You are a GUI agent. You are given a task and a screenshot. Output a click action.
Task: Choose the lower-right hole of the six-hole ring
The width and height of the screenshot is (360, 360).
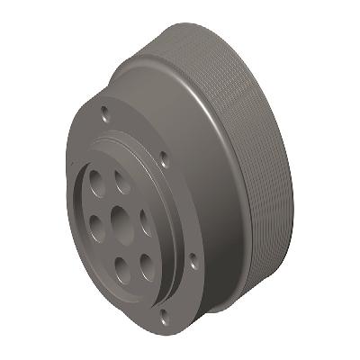(143, 263)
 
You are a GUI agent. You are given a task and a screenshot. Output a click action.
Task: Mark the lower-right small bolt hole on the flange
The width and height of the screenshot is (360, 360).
(192, 261)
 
